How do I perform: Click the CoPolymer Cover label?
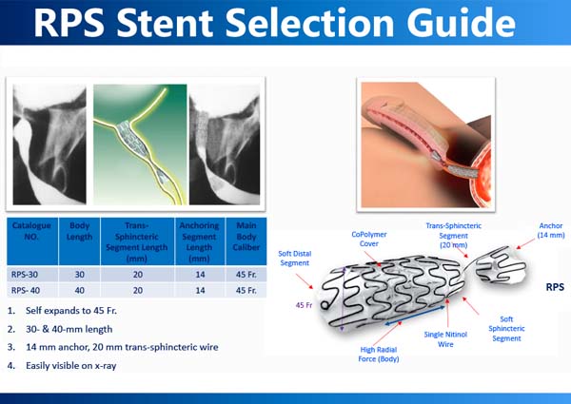[x=370, y=238]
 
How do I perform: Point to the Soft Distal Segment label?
[x=296, y=257]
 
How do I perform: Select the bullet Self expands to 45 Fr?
[x=73, y=311]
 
